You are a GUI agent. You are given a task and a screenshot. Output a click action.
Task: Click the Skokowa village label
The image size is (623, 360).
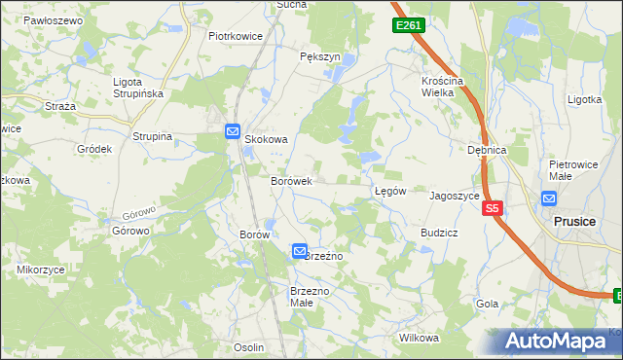266,139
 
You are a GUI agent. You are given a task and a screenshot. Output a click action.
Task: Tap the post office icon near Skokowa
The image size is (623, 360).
233,131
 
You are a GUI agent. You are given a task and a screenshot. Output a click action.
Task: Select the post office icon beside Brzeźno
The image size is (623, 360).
300,251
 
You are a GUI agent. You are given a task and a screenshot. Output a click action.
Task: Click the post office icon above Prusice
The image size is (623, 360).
549,199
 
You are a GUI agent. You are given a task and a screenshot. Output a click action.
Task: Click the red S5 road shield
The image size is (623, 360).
493,208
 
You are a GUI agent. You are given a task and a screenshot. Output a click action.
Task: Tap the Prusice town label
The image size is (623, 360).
573,221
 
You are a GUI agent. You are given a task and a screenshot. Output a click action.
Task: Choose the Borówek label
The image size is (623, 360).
290,181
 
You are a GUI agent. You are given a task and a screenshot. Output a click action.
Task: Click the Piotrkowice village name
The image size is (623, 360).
236,36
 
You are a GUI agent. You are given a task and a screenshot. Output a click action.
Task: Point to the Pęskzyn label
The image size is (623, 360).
320,57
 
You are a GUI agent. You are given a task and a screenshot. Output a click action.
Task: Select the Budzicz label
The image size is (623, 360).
439,234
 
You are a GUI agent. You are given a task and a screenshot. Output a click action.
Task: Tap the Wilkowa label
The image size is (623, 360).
420,338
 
